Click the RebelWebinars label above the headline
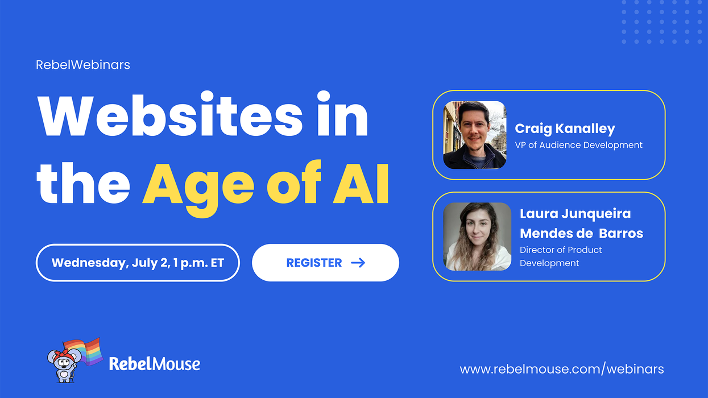click(83, 65)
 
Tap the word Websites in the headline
click(170, 117)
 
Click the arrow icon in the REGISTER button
click(358, 263)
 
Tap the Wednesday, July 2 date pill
click(138, 263)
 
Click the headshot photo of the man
click(475, 135)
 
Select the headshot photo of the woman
click(477, 236)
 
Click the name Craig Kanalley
click(565, 129)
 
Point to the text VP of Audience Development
click(578, 145)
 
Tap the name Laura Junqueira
click(575, 214)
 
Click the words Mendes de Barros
click(581, 233)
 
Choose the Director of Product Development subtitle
click(560, 256)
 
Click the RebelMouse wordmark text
click(154, 364)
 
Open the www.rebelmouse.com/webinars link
click(562, 369)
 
